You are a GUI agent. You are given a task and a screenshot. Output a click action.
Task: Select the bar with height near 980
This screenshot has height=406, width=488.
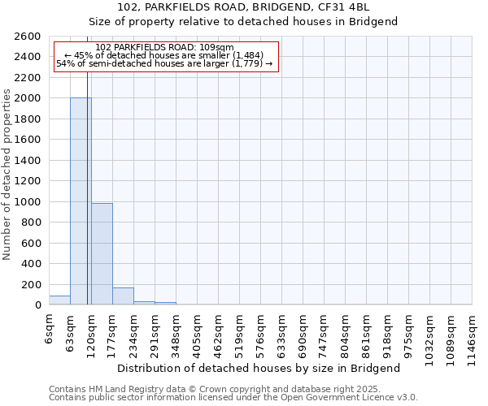coord(102,254)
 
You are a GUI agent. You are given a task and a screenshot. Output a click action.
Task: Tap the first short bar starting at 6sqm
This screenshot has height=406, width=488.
coord(59,300)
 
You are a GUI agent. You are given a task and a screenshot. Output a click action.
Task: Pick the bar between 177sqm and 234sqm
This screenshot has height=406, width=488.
coord(123,296)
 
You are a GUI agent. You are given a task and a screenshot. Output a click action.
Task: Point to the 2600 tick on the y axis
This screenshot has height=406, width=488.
coord(28,37)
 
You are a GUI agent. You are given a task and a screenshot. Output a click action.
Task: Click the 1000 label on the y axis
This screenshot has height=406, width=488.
coord(28,202)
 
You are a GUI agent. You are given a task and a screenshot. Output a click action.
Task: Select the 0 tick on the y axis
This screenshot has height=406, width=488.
coord(37,305)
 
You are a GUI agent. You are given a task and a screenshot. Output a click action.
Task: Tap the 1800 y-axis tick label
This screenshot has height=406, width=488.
coord(28,119)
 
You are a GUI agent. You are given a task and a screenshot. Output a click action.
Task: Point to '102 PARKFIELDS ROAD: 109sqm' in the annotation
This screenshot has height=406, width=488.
coord(164,48)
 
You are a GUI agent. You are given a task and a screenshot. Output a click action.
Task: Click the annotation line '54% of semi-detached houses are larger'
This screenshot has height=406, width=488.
coord(164,63)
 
